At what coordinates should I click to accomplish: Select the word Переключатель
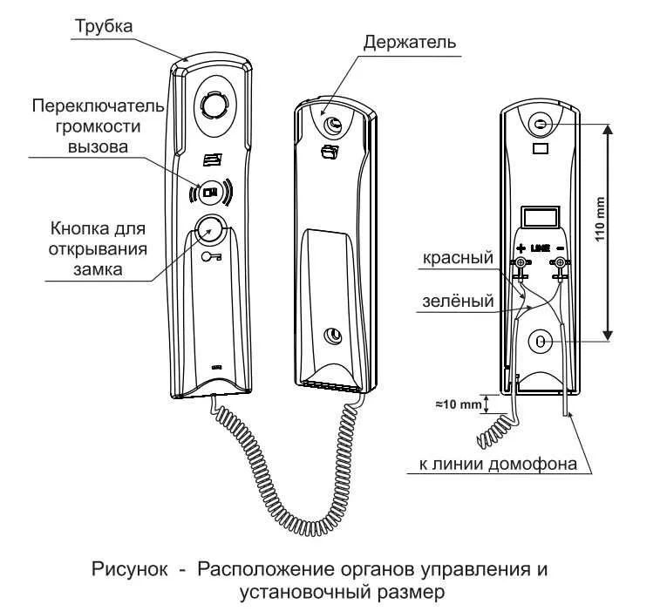97,105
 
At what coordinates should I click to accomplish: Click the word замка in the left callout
97,269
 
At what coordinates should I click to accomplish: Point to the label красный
458,258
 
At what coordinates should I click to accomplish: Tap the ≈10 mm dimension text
459,404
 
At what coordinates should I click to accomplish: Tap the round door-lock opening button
209,229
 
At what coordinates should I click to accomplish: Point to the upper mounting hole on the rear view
541,126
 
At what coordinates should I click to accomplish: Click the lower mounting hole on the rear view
541,342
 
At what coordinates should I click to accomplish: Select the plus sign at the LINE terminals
521,248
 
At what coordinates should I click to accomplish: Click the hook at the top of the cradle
332,126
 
